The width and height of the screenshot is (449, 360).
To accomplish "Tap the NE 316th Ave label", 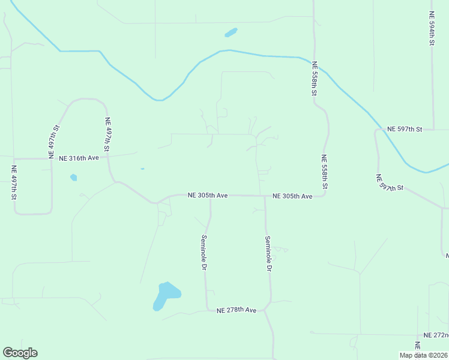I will [x=79, y=158].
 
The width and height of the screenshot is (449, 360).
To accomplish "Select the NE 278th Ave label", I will [x=237, y=310].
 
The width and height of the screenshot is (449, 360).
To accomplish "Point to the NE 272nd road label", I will [x=436, y=335].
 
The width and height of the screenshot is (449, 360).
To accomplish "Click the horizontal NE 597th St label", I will [x=405, y=129].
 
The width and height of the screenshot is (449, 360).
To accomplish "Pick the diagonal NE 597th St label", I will [x=390, y=183].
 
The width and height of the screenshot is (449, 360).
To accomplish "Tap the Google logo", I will [x=20, y=353].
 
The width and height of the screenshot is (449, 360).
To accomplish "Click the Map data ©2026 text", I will [x=423, y=355].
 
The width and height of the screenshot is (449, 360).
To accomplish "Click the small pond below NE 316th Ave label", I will [x=73, y=178].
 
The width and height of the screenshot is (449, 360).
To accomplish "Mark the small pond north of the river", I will [x=231, y=32].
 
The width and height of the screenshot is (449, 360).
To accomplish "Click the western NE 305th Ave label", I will [x=208, y=195].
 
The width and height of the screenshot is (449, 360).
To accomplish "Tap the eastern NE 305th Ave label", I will [x=292, y=196].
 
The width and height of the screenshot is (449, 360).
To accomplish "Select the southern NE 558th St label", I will [x=324, y=172].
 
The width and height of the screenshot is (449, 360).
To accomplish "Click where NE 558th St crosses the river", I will [x=313, y=62].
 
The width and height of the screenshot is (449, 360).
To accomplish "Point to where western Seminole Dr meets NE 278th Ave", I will [x=208, y=310].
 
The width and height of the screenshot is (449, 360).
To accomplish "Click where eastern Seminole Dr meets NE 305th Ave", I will [x=264, y=196].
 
